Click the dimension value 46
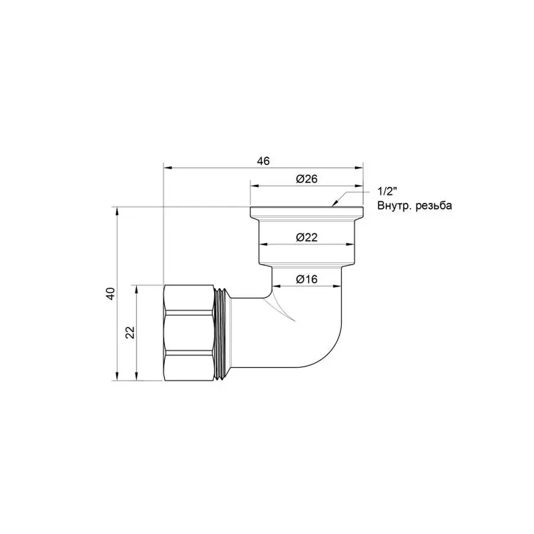tap(264, 161)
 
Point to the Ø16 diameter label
tap(307, 278)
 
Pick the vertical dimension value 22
tap(131, 332)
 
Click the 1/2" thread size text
tap(387, 192)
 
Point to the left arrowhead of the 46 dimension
tap(167, 168)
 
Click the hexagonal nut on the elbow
tap(188, 332)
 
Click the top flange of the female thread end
tap(307, 212)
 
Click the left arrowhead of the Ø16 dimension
tap(275, 287)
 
